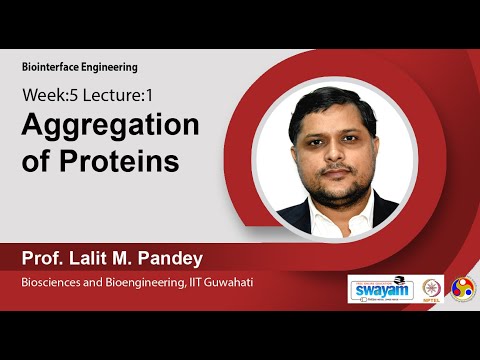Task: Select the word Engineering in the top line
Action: [110, 67]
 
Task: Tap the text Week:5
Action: [49, 99]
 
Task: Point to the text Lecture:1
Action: [118, 99]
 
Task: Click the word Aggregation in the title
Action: [110, 128]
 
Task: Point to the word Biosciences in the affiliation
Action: [52, 284]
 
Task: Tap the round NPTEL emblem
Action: [433, 289]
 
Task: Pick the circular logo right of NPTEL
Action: [464, 289]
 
